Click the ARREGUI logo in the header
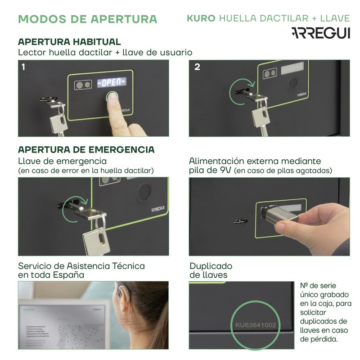320,33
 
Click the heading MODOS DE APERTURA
87,19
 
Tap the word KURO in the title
201,18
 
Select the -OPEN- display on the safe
112,82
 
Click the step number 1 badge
23,67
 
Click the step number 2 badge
197,67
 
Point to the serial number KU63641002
256,325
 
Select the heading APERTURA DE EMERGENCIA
86,149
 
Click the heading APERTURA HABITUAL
69,42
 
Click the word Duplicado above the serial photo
211,266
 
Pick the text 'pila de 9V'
210,171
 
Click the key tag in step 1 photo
58,121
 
